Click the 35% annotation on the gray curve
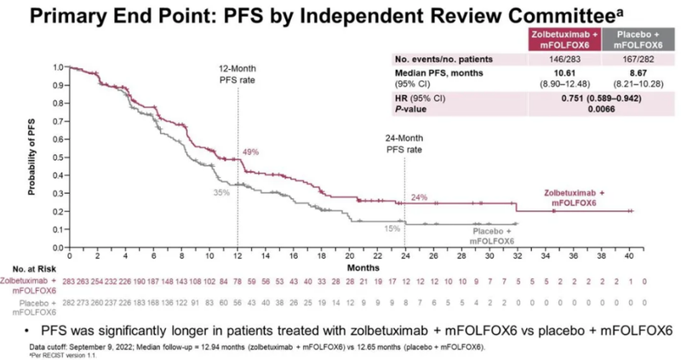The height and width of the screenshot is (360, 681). (x=221, y=193)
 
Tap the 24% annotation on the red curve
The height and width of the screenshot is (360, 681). (x=419, y=197)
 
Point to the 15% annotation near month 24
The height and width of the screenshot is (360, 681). (x=392, y=229)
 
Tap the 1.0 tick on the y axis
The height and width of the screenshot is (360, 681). (x=57, y=66)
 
